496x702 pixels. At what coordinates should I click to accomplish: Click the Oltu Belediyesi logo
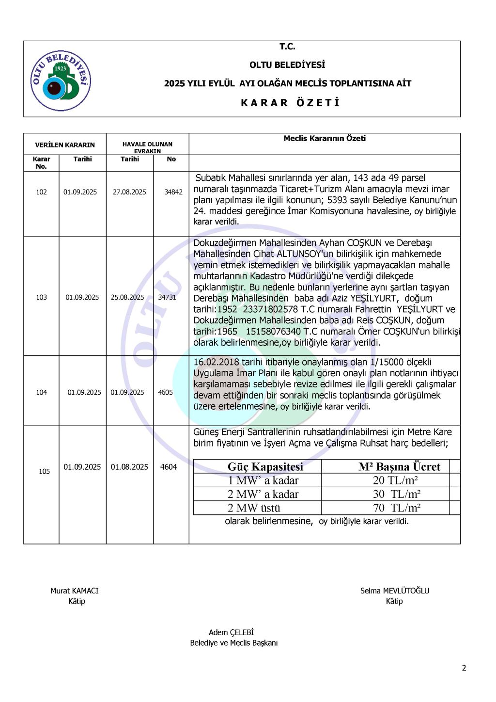61,80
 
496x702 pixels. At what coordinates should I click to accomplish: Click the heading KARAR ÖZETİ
290,103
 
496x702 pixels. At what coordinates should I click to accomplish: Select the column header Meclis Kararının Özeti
325,139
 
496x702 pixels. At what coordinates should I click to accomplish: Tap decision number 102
41,192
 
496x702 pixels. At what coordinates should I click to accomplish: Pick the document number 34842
173,192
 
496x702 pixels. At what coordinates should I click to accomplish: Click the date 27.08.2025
129,192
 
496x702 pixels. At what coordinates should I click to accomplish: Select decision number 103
41,297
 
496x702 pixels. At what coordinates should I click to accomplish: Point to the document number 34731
167,297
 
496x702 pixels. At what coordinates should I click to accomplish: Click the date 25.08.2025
127,297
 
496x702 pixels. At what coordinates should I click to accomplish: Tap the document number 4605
165,392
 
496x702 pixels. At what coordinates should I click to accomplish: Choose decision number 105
44,471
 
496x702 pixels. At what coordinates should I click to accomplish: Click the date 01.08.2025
129,467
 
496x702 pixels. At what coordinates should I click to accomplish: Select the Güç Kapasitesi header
265,466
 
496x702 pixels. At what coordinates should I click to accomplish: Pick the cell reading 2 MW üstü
254,508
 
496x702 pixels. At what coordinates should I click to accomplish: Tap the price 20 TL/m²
395,480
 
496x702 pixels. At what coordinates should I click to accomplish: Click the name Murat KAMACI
75,590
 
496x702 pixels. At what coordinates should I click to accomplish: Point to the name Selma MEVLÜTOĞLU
395,590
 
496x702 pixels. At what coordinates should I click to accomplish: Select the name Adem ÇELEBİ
231,632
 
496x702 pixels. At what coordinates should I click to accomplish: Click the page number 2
464,668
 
